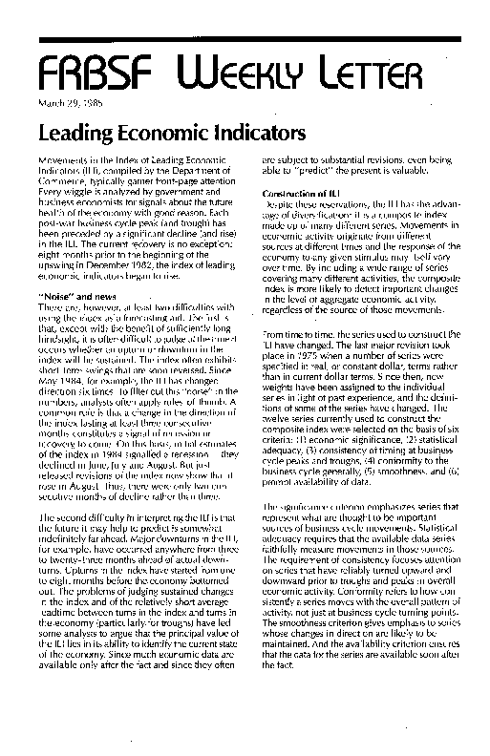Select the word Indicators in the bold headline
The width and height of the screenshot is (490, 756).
click(x=251, y=130)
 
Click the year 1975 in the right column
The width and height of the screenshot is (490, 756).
click(x=298, y=326)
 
